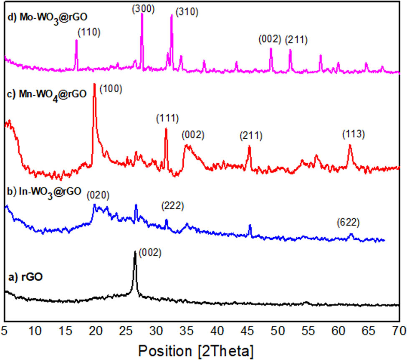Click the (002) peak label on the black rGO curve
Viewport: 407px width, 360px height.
click(x=150, y=253)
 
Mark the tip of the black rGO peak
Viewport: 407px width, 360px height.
click(x=135, y=252)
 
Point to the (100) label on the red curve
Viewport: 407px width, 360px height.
click(x=111, y=89)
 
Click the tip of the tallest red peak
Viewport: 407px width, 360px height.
click(x=94, y=84)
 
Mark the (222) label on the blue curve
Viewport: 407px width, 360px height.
click(x=173, y=206)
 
